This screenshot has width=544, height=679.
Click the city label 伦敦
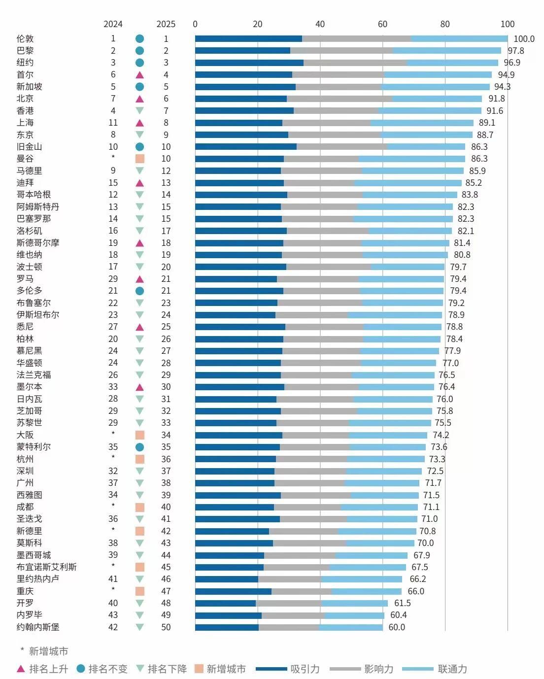click(x=25, y=38)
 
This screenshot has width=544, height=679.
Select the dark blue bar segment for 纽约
click(x=249, y=63)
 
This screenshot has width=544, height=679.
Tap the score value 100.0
click(x=524, y=39)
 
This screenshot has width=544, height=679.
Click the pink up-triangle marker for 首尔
click(x=139, y=75)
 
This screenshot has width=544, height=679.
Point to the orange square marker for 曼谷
click(x=139, y=159)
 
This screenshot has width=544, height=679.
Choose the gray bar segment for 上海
click(x=326, y=123)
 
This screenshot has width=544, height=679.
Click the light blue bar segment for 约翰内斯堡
click(x=351, y=627)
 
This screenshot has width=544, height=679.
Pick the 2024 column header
click(x=113, y=24)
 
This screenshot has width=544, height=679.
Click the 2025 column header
click(x=166, y=24)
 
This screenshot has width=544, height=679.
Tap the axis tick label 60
click(x=382, y=24)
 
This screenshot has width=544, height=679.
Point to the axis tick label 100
click(x=508, y=24)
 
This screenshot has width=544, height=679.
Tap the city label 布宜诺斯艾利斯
click(x=47, y=567)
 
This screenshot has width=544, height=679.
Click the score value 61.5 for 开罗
click(x=402, y=603)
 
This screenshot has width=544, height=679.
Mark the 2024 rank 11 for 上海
click(x=113, y=123)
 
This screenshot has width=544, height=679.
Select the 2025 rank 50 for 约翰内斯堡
click(x=166, y=627)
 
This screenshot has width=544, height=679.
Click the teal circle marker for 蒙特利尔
click(x=139, y=447)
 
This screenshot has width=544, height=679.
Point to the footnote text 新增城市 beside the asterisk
click(x=48, y=651)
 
